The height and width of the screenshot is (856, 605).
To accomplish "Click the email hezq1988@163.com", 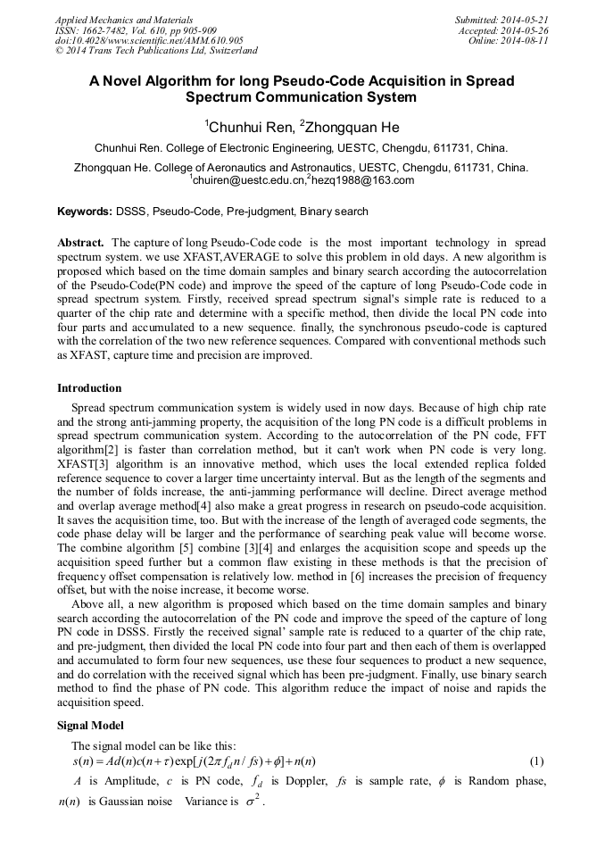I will point(362,181).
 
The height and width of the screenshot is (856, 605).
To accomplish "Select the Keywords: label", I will point(85,212).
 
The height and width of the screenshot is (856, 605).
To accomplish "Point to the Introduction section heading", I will point(89,388).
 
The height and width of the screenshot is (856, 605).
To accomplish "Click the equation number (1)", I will point(536,761).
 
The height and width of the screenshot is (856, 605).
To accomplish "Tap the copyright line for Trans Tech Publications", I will point(156,52).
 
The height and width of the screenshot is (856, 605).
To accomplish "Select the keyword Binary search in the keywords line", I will point(334,212).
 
